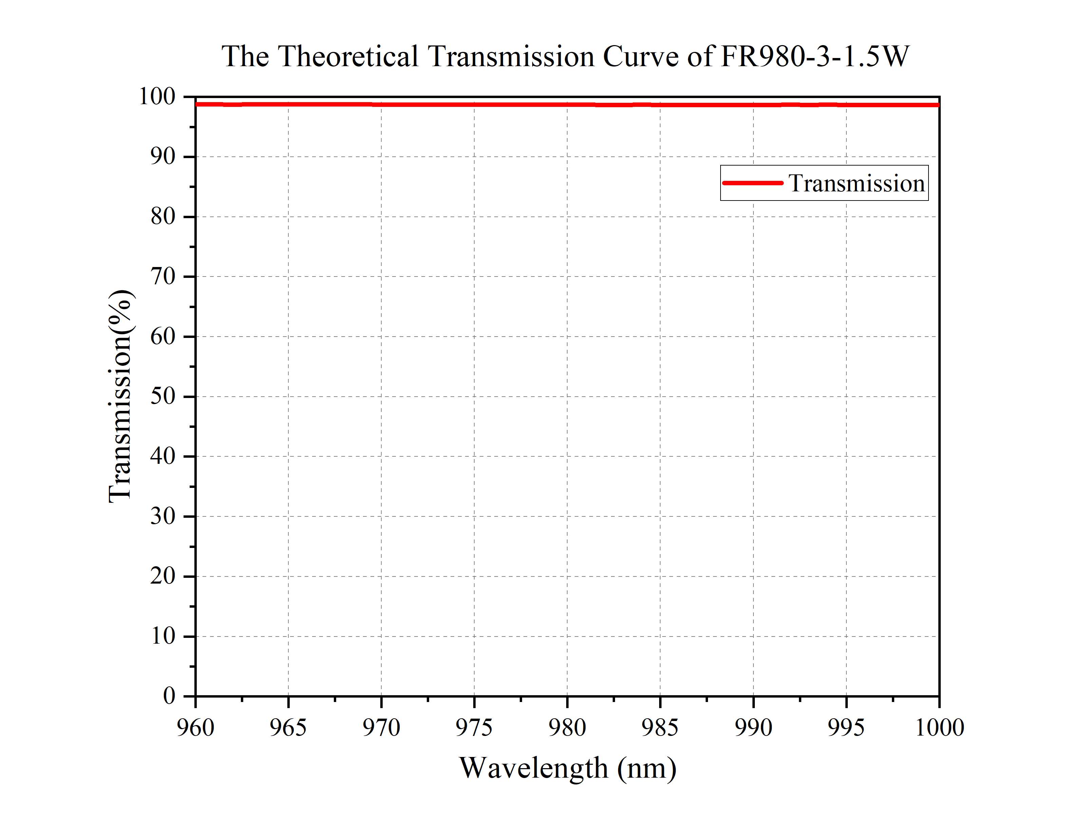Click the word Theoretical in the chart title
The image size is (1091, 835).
point(348,56)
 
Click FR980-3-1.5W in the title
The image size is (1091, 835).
point(815,56)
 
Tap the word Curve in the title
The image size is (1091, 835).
point(640,56)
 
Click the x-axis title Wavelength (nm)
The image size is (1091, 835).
point(567,767)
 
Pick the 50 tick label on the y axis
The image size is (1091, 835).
point(163,396)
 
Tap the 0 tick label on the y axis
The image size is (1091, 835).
point(169,696)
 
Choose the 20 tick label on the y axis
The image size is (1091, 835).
point(163,576)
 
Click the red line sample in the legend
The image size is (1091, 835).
point(752,183)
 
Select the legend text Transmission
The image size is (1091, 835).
point(857,183)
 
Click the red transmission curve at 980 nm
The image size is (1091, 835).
point(567,105)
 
